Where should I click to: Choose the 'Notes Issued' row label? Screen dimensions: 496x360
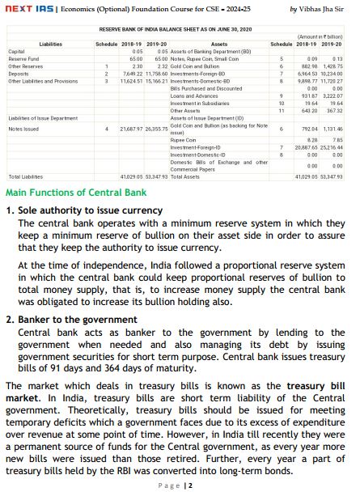pos(23,129)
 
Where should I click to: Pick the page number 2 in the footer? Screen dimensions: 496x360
pos(189,485)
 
